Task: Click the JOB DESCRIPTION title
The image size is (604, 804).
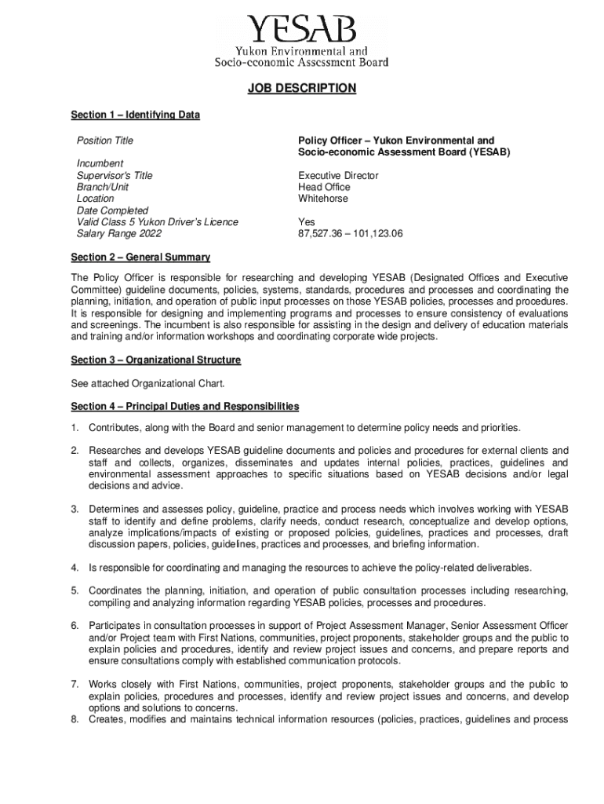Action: point(302,89)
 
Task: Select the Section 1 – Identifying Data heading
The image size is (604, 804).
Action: point(135,115)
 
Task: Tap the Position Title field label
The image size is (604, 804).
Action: point(104,141)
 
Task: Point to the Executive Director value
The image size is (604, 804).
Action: point(338,176)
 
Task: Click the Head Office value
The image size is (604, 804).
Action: point(324,187)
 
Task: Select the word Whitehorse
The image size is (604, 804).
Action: point(323,199)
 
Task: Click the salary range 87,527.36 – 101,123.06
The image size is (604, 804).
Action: point(350,234)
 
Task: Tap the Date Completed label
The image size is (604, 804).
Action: point(112,210)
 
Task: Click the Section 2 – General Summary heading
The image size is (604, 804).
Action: point(140,258)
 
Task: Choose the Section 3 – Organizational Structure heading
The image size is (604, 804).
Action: point(155,360)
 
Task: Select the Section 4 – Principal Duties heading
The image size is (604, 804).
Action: point(184,406)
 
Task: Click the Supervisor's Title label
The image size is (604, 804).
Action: point(115,176)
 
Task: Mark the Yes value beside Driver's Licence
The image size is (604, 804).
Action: point(306,222)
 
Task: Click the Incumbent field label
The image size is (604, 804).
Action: point(100,164)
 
